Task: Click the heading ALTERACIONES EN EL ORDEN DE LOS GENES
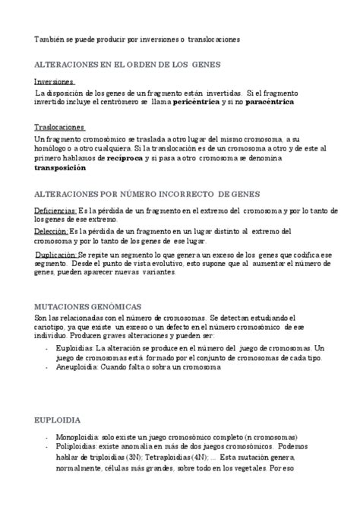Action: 126,65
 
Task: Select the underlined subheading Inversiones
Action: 55,81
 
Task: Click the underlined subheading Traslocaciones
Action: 60,127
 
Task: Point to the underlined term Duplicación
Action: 57,255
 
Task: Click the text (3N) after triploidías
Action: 133,459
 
